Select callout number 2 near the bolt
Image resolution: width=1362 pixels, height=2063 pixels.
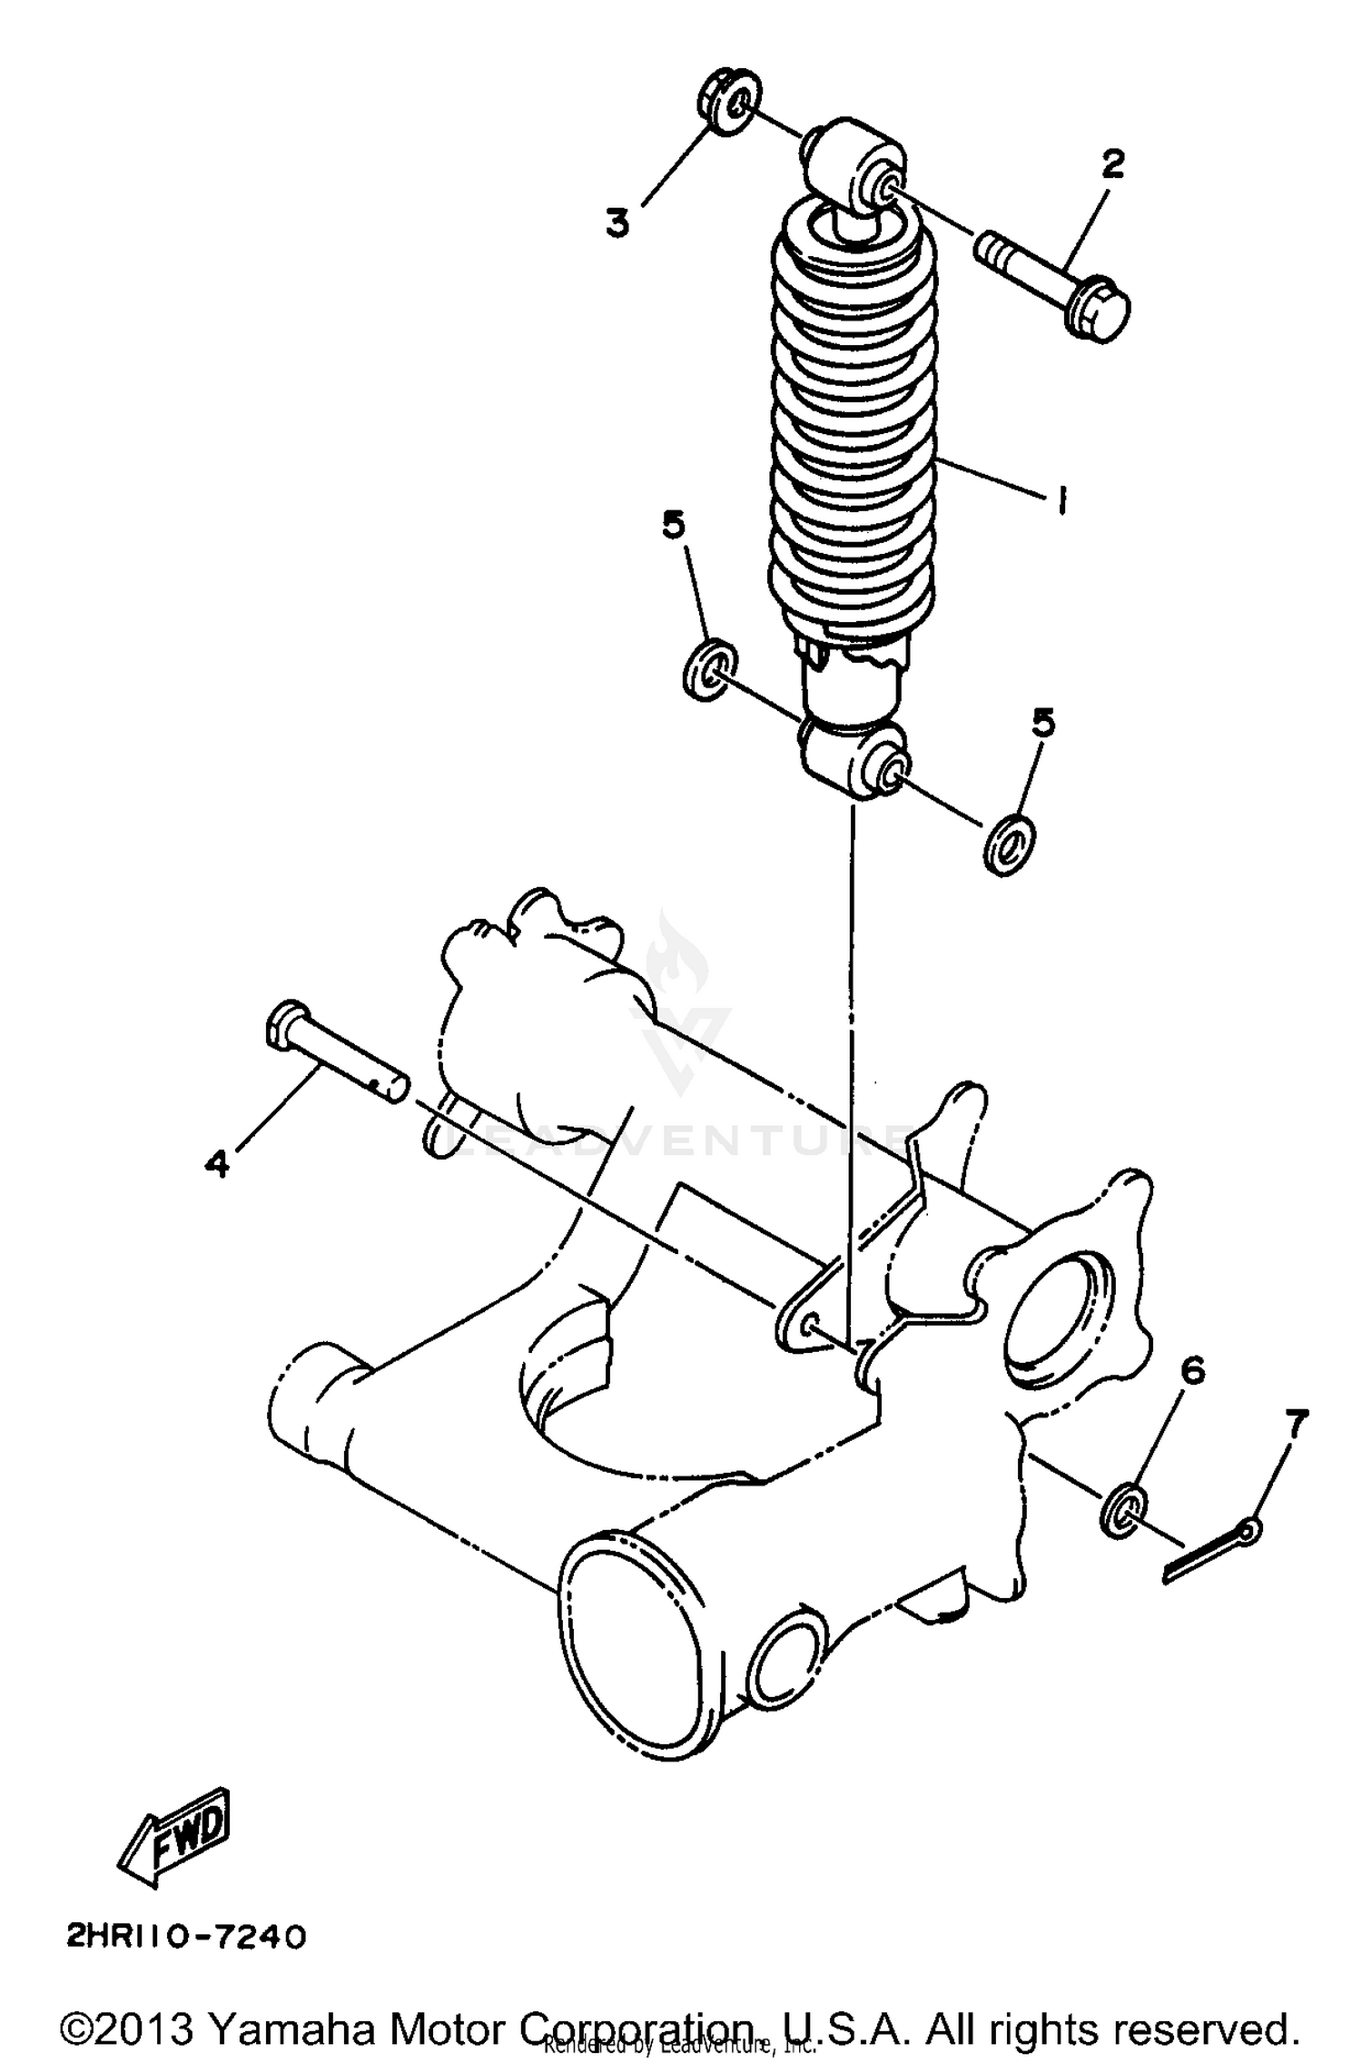1112,164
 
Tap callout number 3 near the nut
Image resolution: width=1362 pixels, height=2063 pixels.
618,221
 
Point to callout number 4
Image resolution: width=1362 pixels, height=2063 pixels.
217,1162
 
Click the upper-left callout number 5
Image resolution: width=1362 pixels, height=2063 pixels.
673,524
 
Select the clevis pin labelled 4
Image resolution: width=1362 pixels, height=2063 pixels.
336,1051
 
